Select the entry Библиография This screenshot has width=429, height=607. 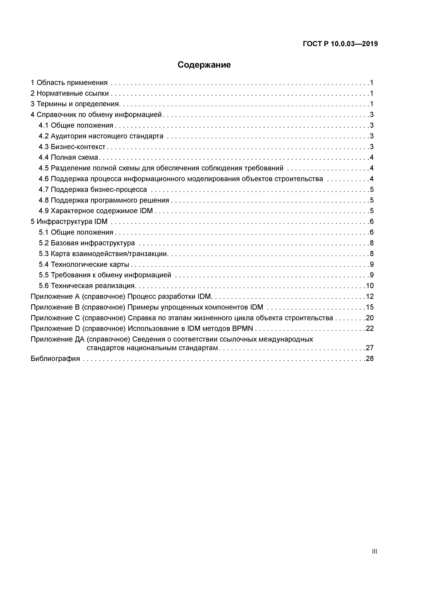coord(55,359)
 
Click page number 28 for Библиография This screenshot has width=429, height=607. coord(369,359)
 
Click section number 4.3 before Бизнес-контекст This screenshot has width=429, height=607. coord(43,147)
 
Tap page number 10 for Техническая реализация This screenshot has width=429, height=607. coord(369,286)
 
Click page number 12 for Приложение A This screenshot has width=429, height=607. coord(369,296)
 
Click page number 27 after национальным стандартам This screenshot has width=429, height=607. coord(369,348)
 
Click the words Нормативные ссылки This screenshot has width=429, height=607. coord(72,93)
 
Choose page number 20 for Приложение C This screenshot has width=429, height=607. coord(369,318)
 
